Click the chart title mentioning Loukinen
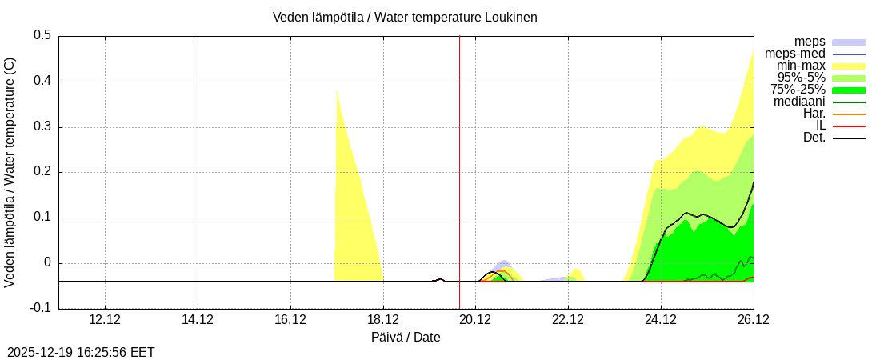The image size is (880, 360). coord(405,17)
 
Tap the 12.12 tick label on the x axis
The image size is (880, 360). coord(105,319)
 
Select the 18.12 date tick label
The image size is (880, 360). coord(383,319)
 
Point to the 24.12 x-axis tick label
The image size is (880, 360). coord(661,319)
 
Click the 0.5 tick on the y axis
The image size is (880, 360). coord(42,35)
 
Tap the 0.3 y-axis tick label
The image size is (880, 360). coord(42,126)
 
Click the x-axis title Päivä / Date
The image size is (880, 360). coord(406,337)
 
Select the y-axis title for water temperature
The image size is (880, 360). coord(10,172)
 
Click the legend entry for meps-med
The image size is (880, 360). coord(795,54)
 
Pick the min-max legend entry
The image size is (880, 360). coord(801,66)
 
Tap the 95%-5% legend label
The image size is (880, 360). coord(802,78)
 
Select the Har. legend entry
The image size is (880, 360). coord(814,114)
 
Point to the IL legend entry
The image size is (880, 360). coord(820,126)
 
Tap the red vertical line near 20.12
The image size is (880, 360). coord(459,160)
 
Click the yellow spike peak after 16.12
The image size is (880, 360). coord(337,92)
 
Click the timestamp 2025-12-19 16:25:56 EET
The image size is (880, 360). coord(81,352)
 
